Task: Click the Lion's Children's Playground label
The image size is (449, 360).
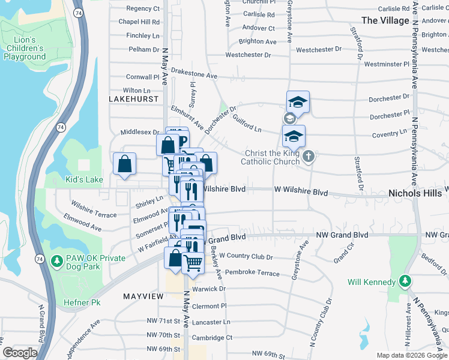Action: click(25, 49)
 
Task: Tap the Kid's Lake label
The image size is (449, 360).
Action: click(84, 179)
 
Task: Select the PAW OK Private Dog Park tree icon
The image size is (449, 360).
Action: click(57, 261)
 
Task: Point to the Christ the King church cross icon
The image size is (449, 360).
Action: click(309, 157)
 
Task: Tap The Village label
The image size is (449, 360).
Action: click(385, 20)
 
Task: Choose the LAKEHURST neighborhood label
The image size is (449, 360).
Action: click(134, 98)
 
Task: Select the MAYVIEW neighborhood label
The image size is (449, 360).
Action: click(143, 296)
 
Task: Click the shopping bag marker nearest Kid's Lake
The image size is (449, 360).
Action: click(124, 164)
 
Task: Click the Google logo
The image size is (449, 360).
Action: click(20, 353)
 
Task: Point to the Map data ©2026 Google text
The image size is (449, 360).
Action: click(412, 355)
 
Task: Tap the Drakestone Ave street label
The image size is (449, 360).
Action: click(194, 76)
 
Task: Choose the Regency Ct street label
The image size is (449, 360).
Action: click(143, 9)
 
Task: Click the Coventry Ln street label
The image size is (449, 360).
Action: click(390, 135)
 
